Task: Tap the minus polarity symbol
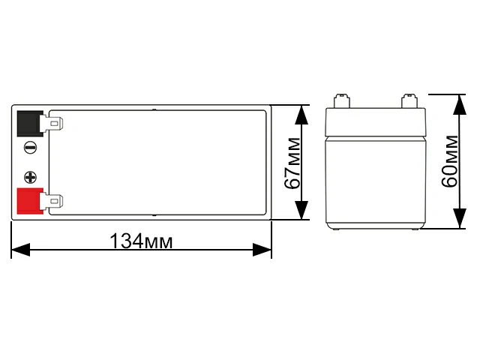coord(29,148)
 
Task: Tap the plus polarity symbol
coord(30,178)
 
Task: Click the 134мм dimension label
coord(141,241)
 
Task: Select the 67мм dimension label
coord(293,163)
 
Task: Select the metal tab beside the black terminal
coord(54,122)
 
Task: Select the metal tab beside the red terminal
coord(54,202)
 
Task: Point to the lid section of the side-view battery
coord(376,121)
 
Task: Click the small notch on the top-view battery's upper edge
coord(154,110)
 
